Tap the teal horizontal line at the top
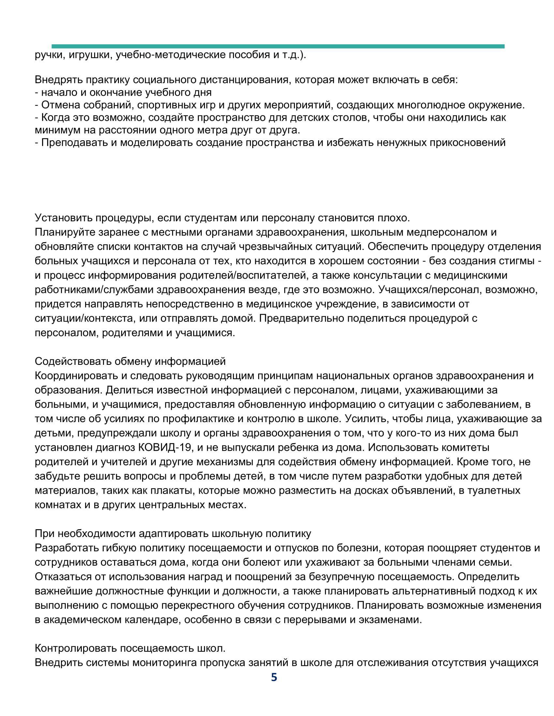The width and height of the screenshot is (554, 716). pos(278,46)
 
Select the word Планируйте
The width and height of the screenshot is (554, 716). pos(66,232)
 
